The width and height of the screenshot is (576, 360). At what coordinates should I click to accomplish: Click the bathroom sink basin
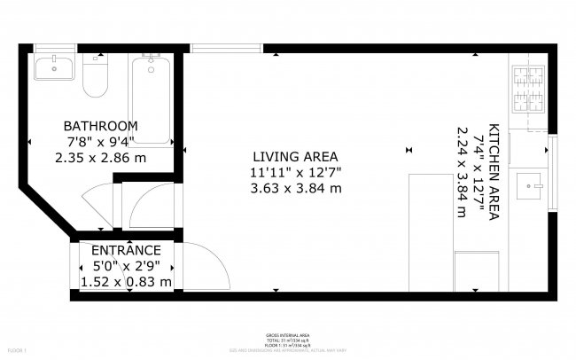click(55, 66)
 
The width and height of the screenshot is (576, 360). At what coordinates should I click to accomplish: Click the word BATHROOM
click(100, 126)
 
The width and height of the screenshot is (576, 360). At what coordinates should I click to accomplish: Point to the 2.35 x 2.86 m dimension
click(100, 157)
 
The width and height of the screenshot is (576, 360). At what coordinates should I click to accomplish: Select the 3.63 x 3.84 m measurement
click(295, 188)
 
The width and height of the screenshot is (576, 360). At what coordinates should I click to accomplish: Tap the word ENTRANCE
click(126, 251)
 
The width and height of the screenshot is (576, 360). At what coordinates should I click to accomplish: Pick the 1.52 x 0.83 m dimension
click(126, 282)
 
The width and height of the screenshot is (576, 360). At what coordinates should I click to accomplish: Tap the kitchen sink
click(534, 185)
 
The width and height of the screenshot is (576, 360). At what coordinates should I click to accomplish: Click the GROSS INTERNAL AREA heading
click(287, 334)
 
